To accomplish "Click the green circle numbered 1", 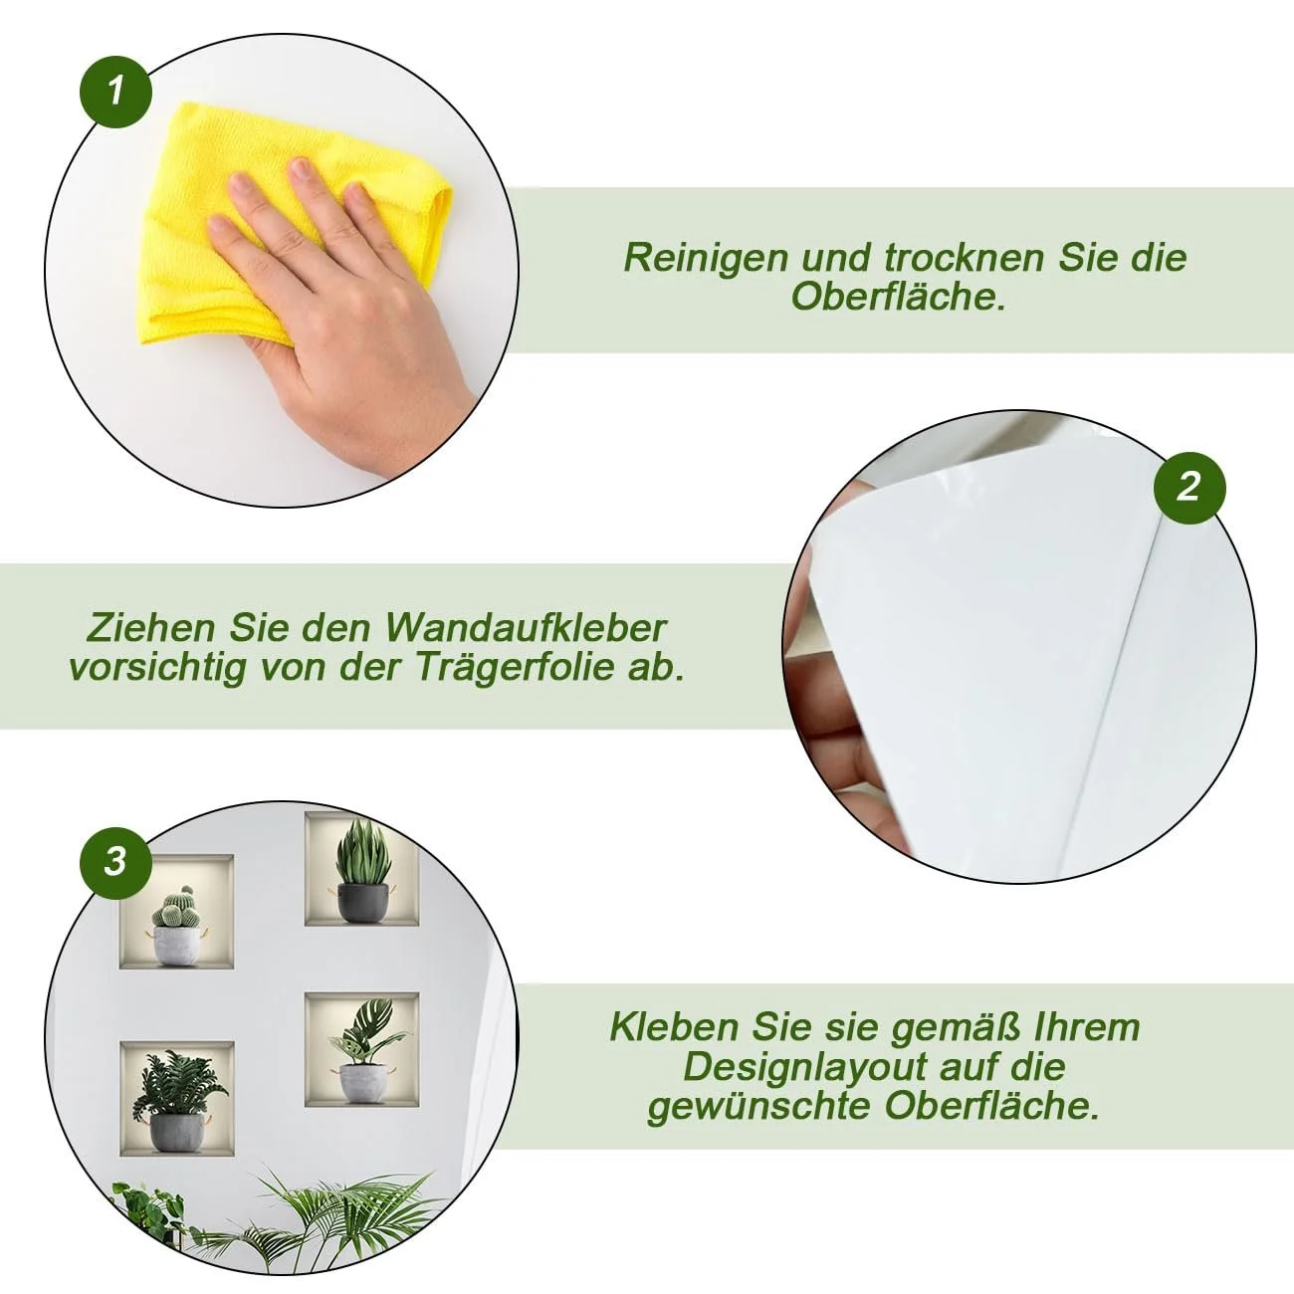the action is [x=115, y=92].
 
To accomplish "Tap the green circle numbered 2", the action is [x=1189, y=487].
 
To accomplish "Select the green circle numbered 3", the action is [x=115, y=863].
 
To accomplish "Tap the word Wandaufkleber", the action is [x=526, y=628].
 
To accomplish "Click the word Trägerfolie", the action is [x=515, y=668].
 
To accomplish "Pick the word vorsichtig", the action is [x=157, y=668].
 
